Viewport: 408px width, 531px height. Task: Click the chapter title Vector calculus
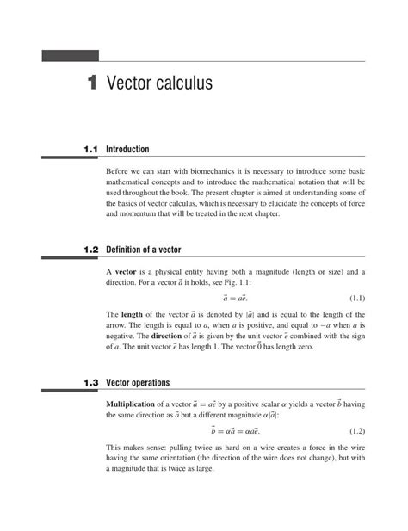pos(159,84)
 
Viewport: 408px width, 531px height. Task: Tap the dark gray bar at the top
pos(71,56)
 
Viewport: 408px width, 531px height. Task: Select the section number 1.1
pos(90,150)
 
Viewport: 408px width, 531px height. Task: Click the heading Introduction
pos(127,150)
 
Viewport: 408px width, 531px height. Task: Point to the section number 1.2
pos(90,250)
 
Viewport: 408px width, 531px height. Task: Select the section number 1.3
pos(90,383)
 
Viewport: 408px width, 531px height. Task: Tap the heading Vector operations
pos(138,383)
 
